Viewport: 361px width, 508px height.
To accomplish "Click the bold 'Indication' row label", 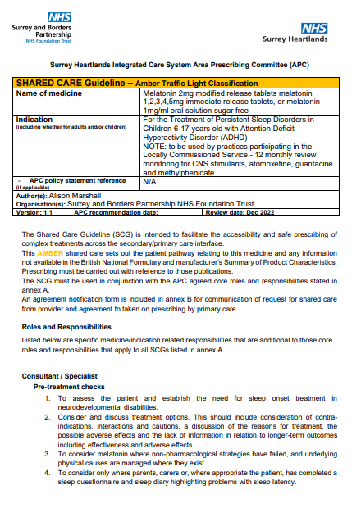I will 34,120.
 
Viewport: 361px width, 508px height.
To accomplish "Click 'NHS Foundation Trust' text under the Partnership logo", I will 52,40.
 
